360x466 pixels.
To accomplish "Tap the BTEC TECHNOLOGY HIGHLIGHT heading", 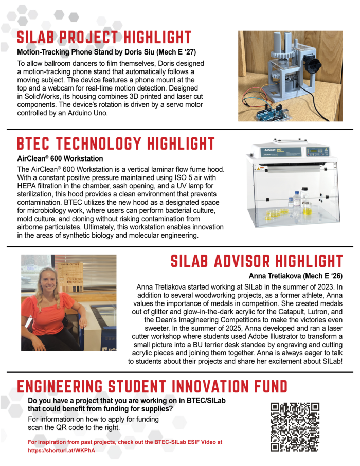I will point(116,144).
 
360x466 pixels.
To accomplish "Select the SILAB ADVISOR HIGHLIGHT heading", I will point(257,261).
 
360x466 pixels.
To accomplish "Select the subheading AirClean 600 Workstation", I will point(60,158).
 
